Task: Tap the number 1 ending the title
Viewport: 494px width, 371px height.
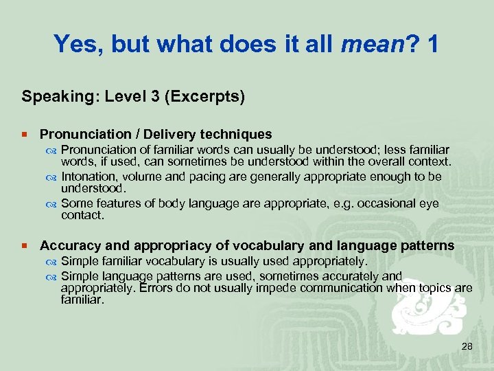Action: (x=432, y=44)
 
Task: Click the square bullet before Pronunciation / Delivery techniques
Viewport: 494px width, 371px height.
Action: (x=25, y=135)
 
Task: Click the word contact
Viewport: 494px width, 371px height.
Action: (x=82, y=215)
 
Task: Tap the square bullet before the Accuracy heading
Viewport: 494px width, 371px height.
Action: (x=25, y=246)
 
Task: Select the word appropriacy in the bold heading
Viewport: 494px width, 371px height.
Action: (x=152, y=245)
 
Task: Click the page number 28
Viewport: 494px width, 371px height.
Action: (x=467, y=347)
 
